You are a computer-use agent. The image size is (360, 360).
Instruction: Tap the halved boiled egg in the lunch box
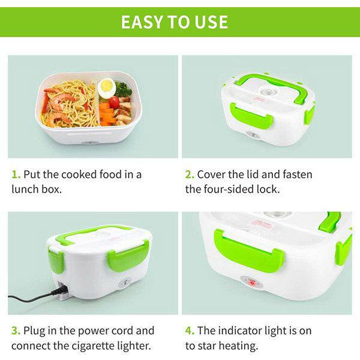coord(107,88)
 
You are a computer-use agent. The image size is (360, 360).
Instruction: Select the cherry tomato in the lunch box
coord(114,103)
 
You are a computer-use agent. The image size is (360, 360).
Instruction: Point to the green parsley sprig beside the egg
coord(124,89)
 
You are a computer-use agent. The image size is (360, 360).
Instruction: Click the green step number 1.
coord(16,175)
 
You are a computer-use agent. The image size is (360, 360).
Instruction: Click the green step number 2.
coord(190,175)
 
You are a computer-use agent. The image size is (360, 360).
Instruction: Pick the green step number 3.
coord(16,331)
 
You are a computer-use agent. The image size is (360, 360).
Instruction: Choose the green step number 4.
coord(190,331)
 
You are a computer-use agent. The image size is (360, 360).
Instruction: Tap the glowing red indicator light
coord(252,283)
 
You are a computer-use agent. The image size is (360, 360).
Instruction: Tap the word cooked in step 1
coord(79,175)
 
